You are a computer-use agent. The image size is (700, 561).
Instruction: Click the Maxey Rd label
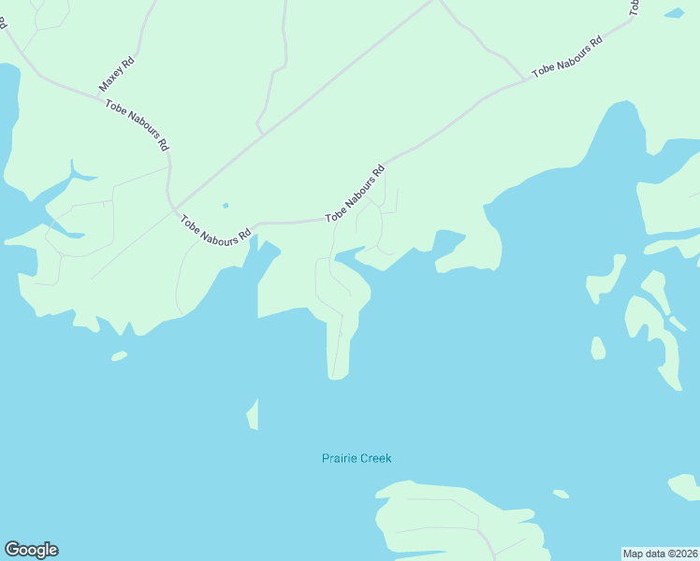coord(117,74)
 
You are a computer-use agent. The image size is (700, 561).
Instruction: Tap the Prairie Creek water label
coord(357,458)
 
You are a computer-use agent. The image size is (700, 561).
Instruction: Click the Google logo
coord(31,550)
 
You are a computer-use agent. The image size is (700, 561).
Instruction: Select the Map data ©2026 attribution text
coord(661,553)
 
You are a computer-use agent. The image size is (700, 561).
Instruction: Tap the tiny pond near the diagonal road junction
coord(225,205)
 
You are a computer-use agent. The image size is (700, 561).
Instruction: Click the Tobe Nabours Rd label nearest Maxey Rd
coord(137,125)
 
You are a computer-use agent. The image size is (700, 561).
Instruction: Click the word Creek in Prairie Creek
coord(373,458)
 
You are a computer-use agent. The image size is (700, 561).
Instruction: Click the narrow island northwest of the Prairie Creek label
coord(253,414)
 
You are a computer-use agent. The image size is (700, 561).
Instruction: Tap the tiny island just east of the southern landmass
coord(561,494)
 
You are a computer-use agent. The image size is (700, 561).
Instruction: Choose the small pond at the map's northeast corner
coord(674,13)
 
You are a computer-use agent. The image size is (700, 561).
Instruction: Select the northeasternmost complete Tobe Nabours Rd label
coord(566,58)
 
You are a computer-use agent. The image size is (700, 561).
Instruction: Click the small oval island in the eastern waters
coord(598,348)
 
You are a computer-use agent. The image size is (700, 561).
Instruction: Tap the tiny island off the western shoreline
coord(119,355)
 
